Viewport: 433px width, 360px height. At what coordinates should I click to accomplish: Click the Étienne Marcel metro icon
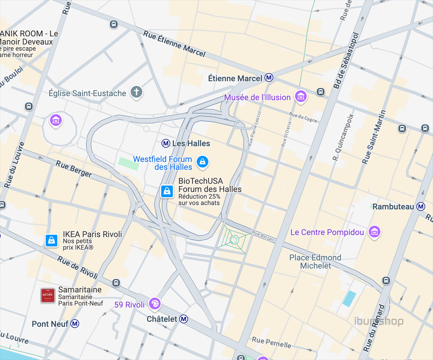(x=269, y=78)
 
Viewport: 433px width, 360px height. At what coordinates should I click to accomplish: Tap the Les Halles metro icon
(x=167, y=143)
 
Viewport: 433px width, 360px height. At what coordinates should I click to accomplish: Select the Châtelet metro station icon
(x=184, y=319)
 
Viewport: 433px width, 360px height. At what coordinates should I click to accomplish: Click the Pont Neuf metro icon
(x=75, y=324)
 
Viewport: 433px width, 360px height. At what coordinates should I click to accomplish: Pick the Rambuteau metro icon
(x=421, y=206)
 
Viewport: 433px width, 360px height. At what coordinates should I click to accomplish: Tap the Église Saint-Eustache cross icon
(x=136, y=92)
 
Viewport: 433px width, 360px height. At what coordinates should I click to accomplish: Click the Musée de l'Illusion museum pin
(x=301, y=96)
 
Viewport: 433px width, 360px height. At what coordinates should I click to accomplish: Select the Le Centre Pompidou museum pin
(x=374, y=231)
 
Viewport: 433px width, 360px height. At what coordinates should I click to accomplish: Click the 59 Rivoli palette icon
(x=155, y=303)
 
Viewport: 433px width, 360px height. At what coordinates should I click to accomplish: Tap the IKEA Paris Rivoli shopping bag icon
(x=51, y=240)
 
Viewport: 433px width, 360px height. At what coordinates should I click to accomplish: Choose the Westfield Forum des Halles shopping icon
(x=203, y=162)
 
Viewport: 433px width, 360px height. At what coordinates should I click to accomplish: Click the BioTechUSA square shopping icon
(x=167, y=191)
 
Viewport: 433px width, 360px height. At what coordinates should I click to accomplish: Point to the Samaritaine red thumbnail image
(x=48, y=295)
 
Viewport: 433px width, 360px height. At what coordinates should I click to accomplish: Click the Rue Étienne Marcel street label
(x=174, y=44)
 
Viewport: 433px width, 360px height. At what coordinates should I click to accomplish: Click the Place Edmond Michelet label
(x=315, y=261)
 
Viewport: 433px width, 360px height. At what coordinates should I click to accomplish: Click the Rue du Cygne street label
(x=303, y=117)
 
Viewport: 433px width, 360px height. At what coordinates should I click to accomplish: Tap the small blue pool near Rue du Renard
(x=349, y=299)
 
